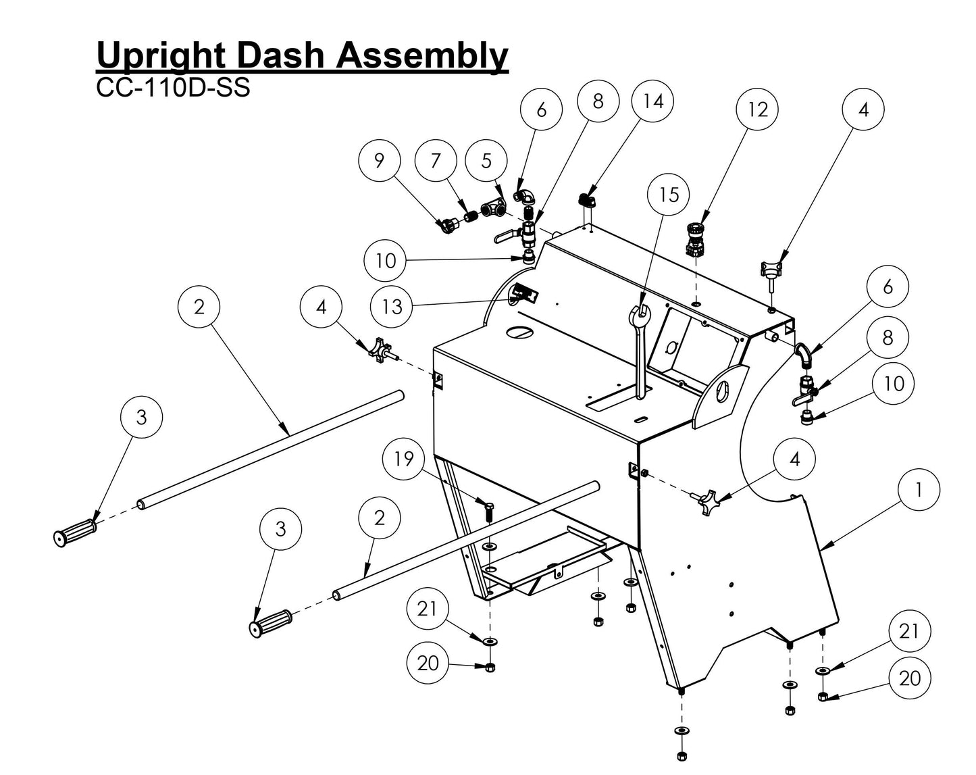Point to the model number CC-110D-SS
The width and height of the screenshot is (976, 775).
coord(173,89)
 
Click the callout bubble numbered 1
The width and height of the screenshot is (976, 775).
coord(918,490)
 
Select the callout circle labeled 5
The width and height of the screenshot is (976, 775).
coord(486,161)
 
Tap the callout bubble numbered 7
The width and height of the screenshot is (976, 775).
coord(436,161)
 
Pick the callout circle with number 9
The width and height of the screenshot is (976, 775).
coord(379,161)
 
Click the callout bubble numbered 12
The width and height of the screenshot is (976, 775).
coord(758,109)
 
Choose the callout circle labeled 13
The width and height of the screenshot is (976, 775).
coord(392,307)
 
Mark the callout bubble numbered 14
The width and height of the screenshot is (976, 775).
coord(652,101)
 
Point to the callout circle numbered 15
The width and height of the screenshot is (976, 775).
coord(668,195)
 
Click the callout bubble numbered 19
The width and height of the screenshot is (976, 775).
coord(403,459)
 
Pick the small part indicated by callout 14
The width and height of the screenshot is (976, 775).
coord(586,201)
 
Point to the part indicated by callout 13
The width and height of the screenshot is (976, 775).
coord(525,293)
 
